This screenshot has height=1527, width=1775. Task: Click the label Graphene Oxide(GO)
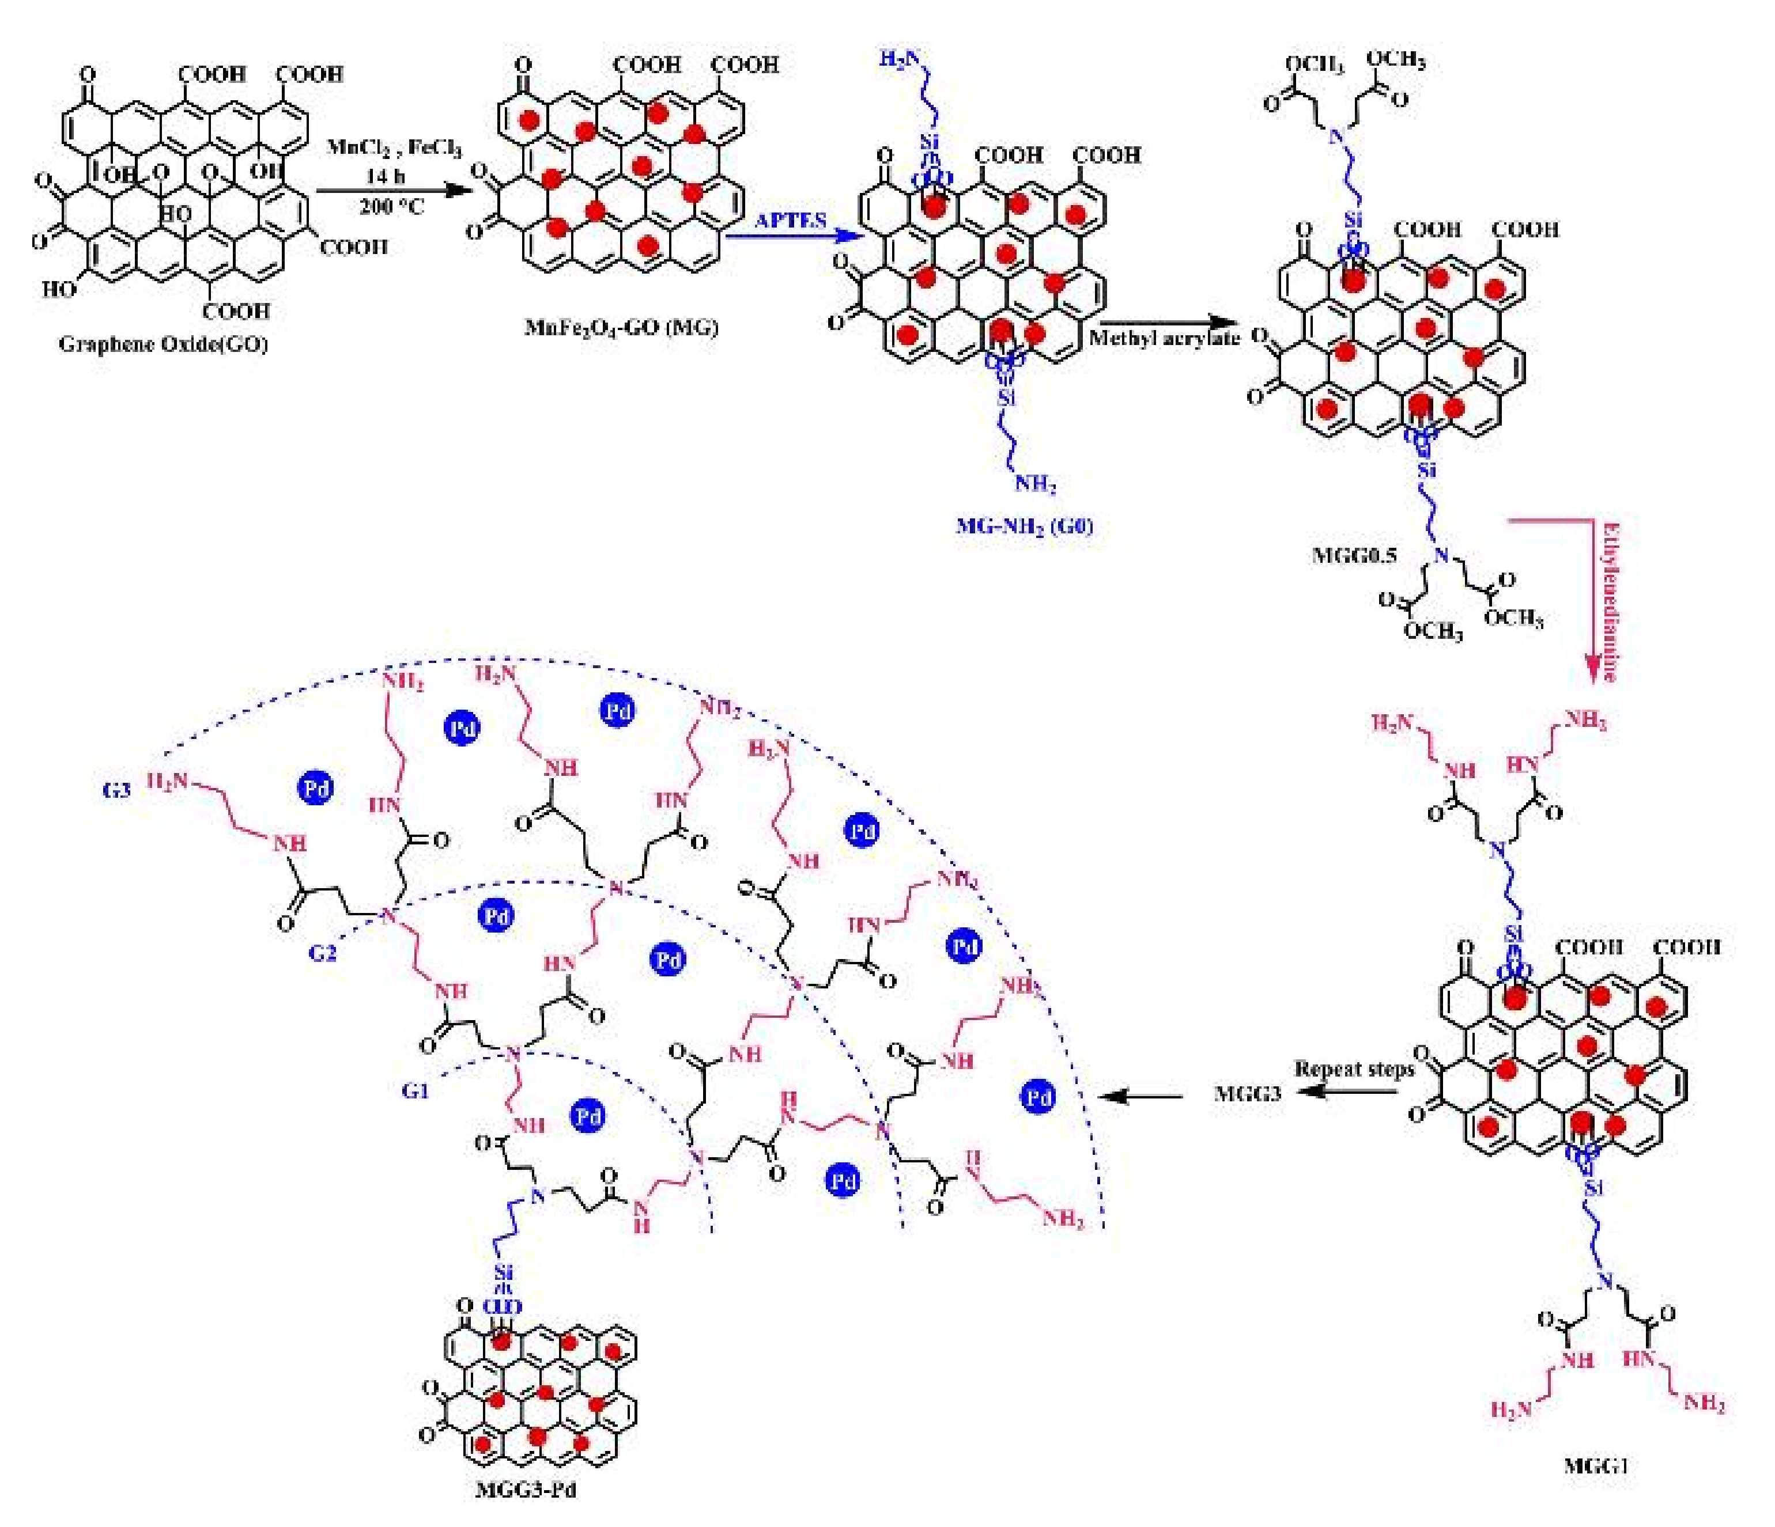[163, 344]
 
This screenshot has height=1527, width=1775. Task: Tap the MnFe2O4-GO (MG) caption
[621, 327]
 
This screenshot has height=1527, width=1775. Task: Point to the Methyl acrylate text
[1164, 338]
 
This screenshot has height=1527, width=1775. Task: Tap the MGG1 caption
[1595, 1464]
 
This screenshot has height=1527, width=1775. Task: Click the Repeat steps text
[1354, 1069]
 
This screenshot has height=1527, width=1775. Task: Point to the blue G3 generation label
[116, 790]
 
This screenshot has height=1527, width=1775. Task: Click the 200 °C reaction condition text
[391, 206]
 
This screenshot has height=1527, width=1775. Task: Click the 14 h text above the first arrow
[386, 176]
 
